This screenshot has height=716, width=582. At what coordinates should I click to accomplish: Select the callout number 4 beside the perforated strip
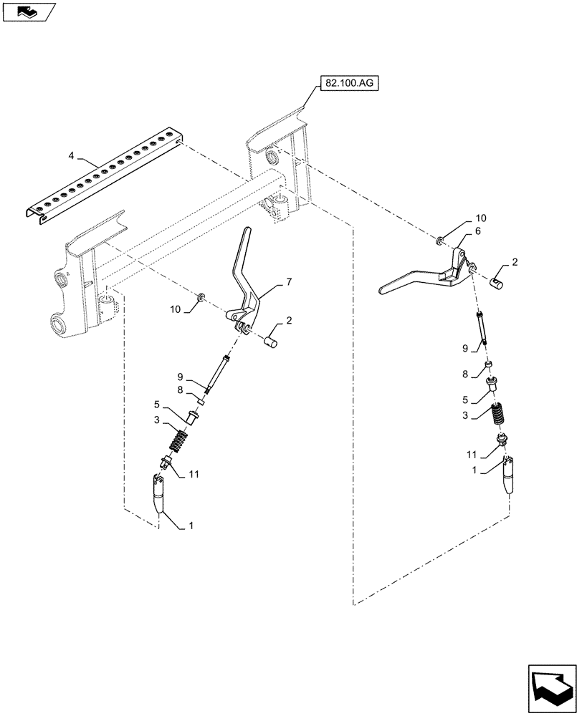tap(71, 155)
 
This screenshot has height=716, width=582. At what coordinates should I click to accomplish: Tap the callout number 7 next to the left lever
tap(289, 283)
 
